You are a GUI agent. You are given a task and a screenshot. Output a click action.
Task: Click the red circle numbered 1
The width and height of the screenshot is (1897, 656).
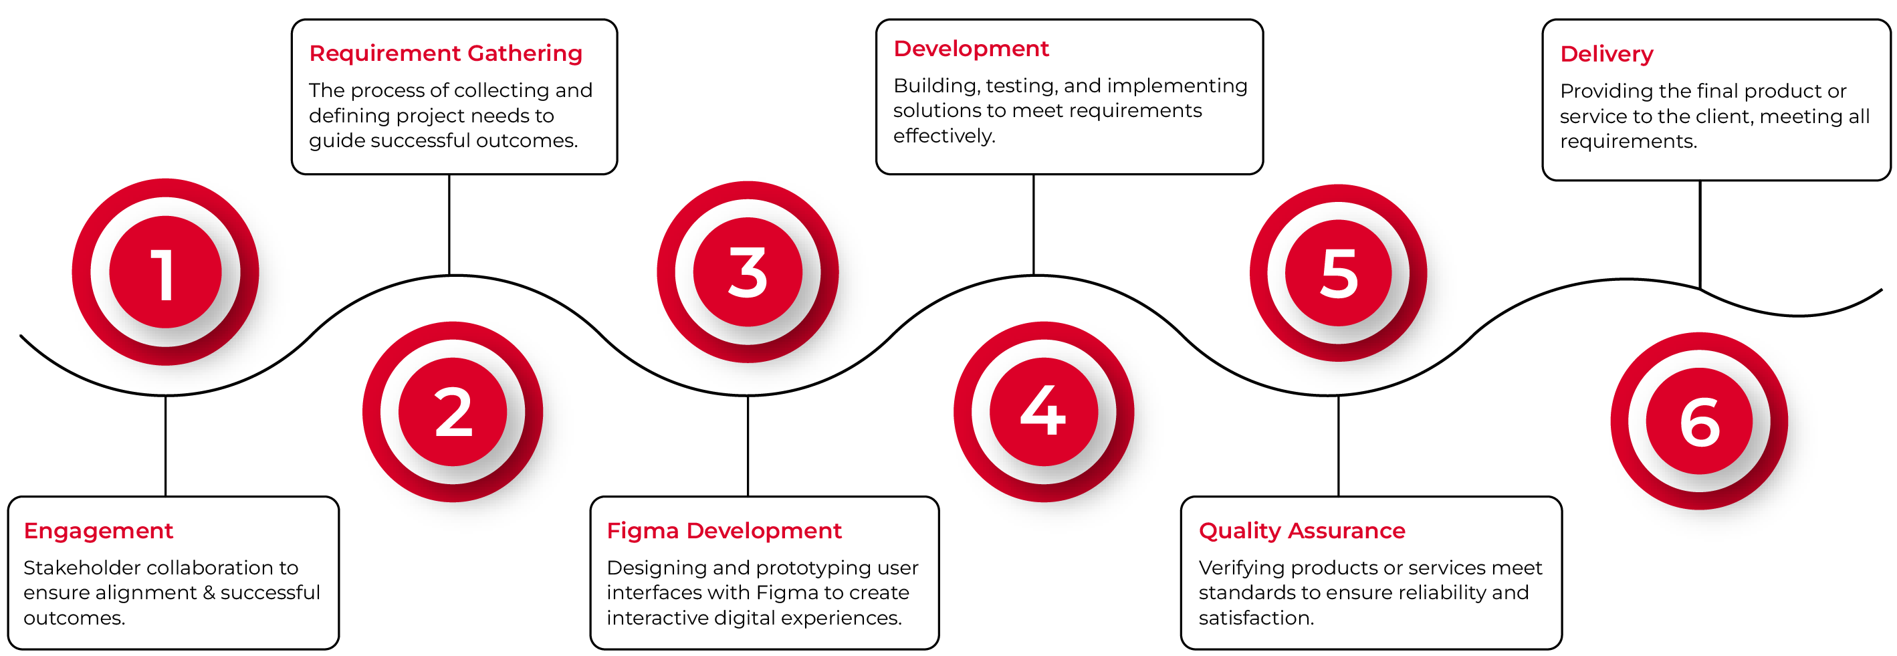(x=166, y=271)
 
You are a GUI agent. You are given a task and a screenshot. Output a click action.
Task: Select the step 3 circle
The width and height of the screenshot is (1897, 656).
(x=748, y=271)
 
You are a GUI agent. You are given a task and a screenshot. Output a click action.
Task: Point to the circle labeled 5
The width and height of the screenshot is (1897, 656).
(x=1338, y=272)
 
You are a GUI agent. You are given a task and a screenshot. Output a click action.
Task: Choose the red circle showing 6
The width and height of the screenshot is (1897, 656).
(x=1699, y=421)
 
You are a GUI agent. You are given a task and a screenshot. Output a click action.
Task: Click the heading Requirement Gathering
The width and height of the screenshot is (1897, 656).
(x=445, y=53)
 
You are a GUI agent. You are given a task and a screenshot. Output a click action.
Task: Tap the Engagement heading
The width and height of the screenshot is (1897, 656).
(x=98, y=531)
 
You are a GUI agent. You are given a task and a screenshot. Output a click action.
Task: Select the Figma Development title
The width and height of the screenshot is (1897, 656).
(x=724, y=531)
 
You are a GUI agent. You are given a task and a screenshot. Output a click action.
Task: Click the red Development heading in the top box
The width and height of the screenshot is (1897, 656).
(x=971, y=49)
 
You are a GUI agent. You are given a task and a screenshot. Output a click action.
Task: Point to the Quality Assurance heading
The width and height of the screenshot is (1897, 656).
(x=1302, y=531)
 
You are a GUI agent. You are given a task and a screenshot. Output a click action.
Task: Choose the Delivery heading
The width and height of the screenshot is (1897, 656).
(x=1607, y=53)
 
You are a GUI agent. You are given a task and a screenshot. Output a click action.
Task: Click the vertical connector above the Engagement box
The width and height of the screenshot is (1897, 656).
(x=166, y=446)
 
